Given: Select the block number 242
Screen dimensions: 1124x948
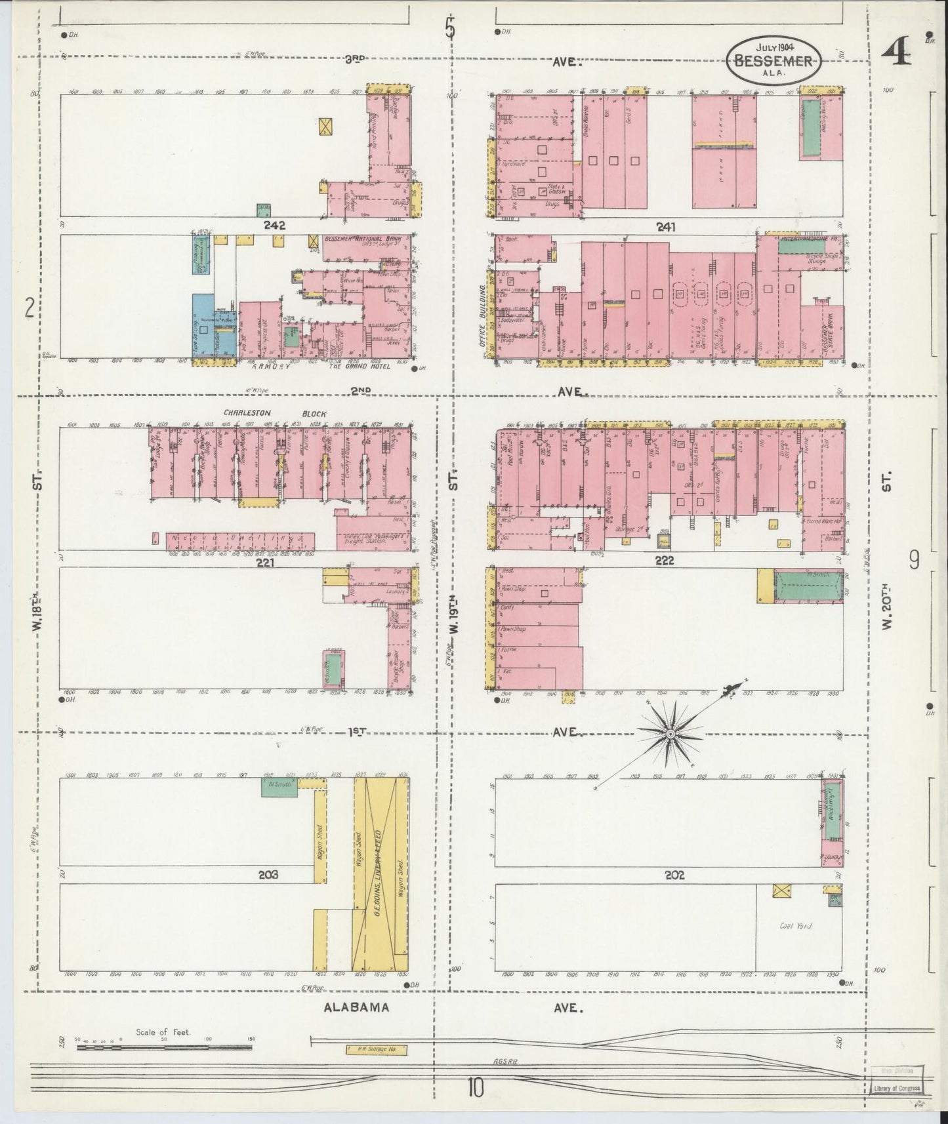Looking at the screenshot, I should click(x=274, y=225).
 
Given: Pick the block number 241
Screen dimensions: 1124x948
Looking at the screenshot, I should click(x=667, y=226).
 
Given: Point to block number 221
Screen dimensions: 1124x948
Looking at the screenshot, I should click(x=265, y=562).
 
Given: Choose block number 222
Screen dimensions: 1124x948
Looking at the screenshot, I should click(x=665, y=561).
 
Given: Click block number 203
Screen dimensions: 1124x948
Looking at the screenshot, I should click(x=268, y=874).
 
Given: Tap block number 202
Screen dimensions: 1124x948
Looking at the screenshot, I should click(x=674, y=874).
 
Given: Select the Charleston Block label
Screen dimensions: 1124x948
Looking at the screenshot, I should click(x=274, y=414).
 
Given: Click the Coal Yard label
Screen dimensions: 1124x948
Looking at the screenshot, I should click(x=796, y=926).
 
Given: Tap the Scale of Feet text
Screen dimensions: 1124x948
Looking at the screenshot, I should click(x=163, y=1032).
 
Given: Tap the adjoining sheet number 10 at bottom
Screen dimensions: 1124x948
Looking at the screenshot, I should click(x=475, y=1089).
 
